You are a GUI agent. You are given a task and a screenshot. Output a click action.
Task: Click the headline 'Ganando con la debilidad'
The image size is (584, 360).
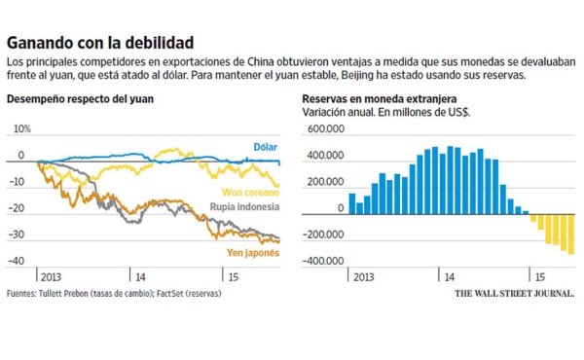(99, 43)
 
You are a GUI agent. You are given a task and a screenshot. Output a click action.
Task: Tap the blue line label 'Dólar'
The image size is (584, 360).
(265, 146)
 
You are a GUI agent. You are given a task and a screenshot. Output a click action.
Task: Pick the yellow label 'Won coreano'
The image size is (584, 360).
(249, 193)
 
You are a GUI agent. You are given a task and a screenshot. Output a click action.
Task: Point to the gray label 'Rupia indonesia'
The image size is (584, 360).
(245, 207)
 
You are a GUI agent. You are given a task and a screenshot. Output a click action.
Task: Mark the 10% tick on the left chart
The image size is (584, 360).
(21, 128)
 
